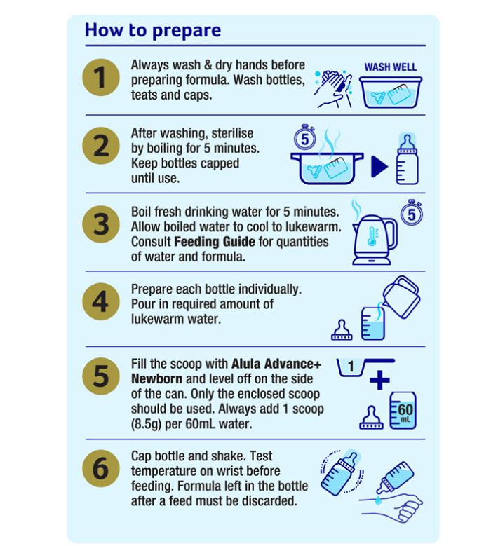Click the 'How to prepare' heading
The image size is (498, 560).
153,31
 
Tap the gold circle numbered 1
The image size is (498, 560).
101,78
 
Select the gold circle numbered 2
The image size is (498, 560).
101,146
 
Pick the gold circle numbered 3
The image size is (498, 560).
101,224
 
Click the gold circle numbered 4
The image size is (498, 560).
101,302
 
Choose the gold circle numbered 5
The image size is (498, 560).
101,376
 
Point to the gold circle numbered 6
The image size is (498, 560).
101,468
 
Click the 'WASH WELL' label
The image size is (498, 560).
391,67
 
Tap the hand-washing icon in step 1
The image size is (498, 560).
333,88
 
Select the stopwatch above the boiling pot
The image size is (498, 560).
304,137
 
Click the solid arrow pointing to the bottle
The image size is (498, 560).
379,166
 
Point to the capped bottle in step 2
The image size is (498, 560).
408,159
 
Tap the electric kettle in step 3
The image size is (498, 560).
375,240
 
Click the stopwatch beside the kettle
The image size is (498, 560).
412,213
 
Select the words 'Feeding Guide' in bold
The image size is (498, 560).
215,242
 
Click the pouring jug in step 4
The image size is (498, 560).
401,296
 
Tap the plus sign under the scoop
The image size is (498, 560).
379,380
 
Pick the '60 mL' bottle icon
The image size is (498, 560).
403,410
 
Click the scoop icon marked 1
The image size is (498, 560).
365,367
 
